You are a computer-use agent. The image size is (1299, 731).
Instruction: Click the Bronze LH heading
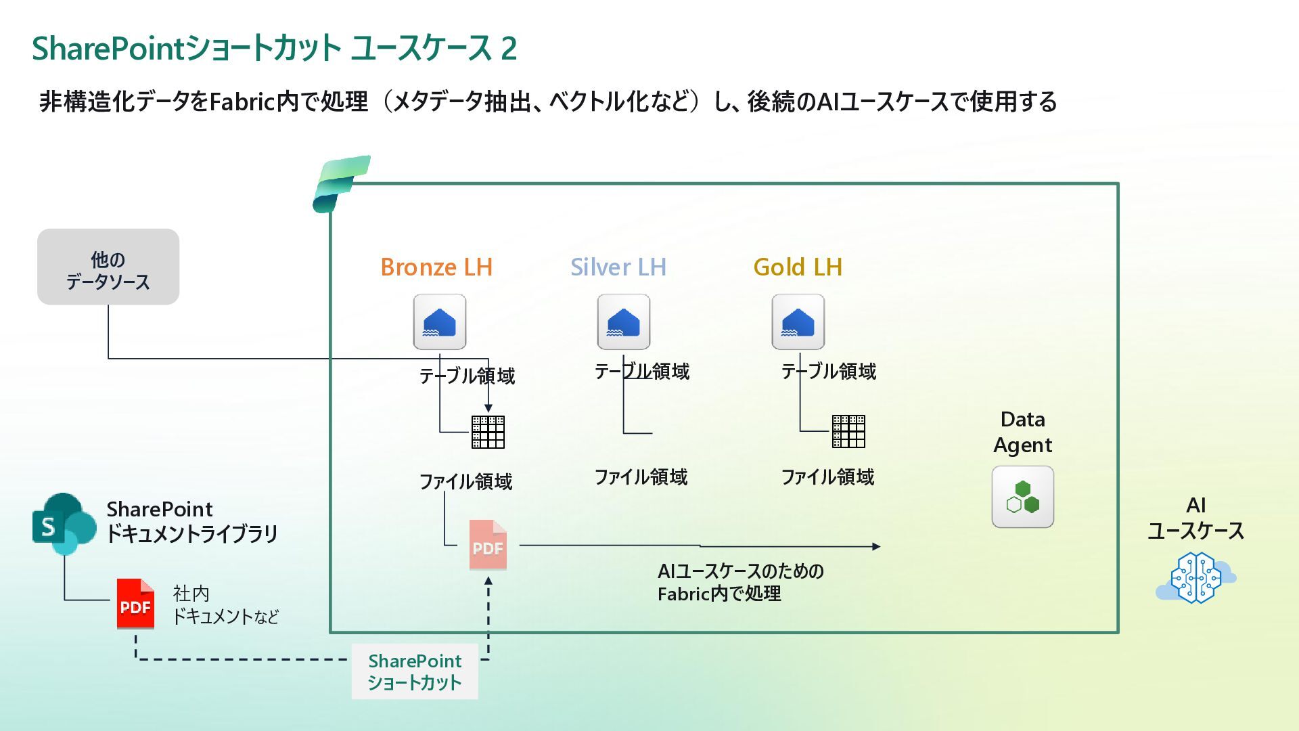[436, 267]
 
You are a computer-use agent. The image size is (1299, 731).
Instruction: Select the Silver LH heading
[618, 267]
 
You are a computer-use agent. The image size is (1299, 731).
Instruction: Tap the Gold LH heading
[798, 267]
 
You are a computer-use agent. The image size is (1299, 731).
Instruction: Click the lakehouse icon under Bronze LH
[440, 322]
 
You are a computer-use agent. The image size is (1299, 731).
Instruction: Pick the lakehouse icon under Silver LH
[624, 322]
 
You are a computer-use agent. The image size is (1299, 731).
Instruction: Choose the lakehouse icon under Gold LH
[798, 322]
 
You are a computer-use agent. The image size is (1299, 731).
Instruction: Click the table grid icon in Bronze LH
[488, 432]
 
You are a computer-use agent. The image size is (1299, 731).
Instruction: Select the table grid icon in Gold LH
[848, 432]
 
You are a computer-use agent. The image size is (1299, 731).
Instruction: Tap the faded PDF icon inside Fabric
[488, 545]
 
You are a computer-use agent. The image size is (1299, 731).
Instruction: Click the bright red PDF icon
[135, 604]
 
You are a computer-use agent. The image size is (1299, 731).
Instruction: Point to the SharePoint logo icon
[64, 523]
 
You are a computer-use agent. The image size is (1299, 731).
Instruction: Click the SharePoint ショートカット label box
[415, 671]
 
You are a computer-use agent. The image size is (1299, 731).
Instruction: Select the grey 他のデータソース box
[108, 267]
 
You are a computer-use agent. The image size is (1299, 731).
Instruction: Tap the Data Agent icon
[1022, 497]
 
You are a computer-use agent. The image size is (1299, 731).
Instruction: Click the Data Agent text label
[1022, 432]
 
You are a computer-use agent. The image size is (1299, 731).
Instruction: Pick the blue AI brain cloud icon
[1196, 577]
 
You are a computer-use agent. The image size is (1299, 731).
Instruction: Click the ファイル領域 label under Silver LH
[641, 477]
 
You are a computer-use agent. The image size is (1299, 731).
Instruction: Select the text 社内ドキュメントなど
[225, 605]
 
